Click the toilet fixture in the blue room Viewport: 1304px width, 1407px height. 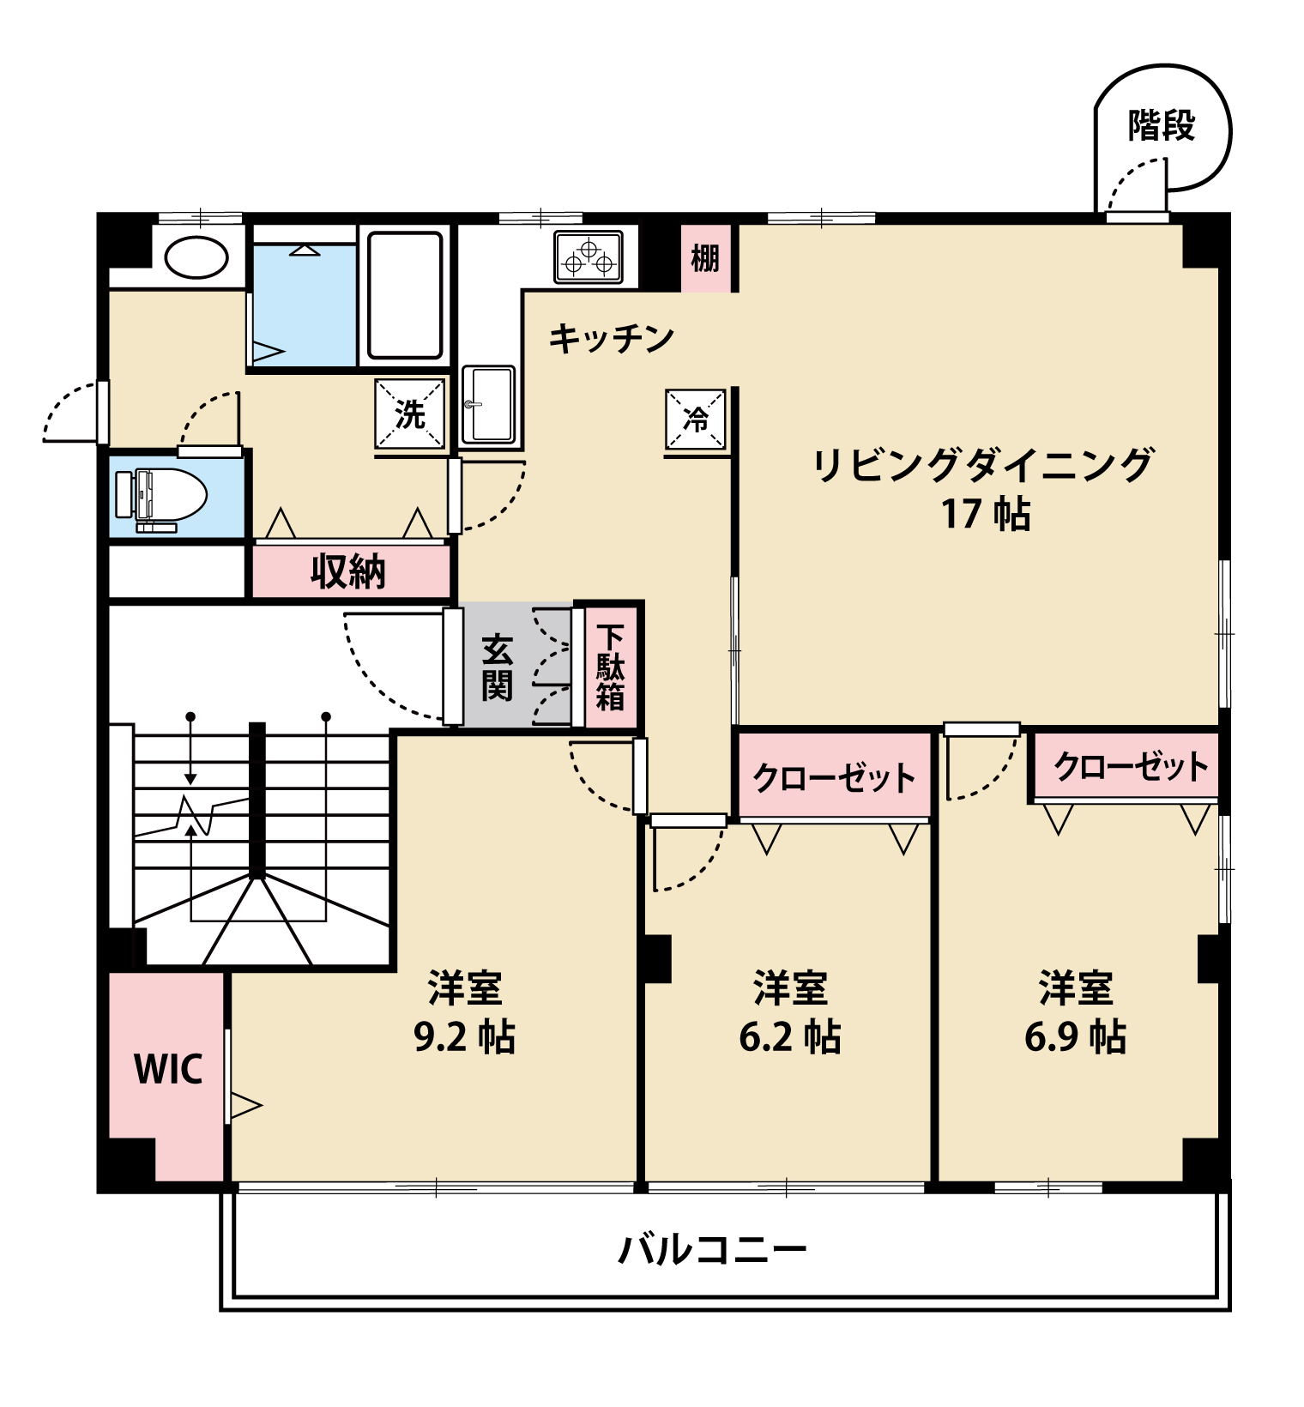click(163, 496)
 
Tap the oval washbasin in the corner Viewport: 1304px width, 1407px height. click(196, 257)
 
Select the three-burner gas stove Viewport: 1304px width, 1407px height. click(589, 257)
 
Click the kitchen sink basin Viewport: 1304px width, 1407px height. click(488, 404)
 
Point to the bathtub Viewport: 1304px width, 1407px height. click(405, 294)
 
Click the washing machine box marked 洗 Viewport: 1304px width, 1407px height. click(411, 414)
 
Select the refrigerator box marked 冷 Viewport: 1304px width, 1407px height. click(696, 420)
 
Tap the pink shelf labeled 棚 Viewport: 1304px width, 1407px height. click(705, 257)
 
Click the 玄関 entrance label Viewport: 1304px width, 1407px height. click(498, 667)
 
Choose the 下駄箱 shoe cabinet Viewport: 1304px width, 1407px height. click(611, 667)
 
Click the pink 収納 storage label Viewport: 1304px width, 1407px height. click(348, 571)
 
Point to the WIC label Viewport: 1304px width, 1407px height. click(168, 1069)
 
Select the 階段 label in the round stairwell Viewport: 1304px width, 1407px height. click(1162, 126)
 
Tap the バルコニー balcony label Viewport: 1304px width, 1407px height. click(712, 1249)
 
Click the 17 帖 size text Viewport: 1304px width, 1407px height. click(986, 513)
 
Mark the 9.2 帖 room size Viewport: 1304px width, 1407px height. click(464, 1036)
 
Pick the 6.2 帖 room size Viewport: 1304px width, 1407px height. click(789, 1036)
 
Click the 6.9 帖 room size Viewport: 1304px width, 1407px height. click(1075, 1036)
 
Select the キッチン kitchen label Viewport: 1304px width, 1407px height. click(611, 338)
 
